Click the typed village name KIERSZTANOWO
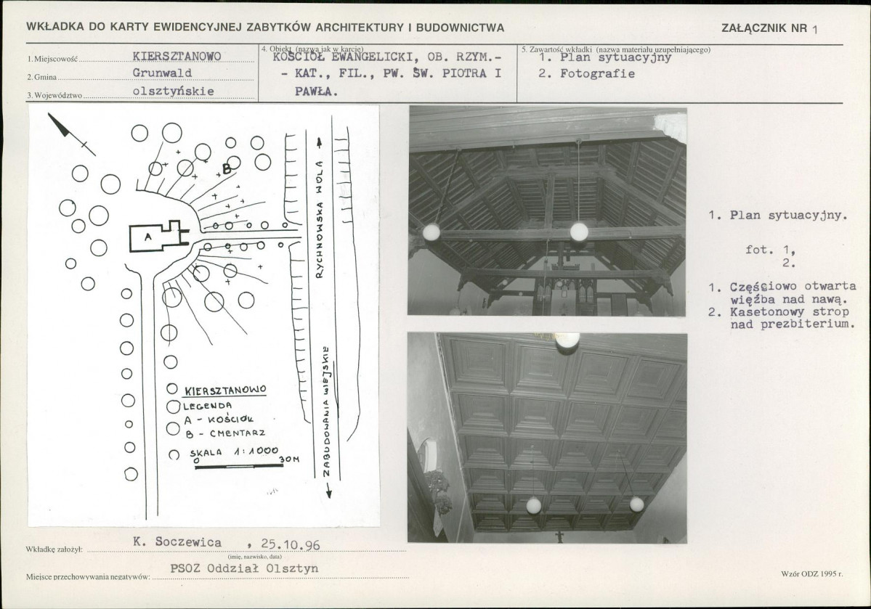tap(177, 57)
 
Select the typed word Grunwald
tap(162, 73)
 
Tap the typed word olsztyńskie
tap(174, 91)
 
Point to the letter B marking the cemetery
tap(227, 168)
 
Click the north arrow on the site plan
tap(71, 134)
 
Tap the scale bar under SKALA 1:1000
tap(239, 466)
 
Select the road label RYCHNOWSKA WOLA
tap(320, 220)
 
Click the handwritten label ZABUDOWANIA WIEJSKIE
tap(327, 411)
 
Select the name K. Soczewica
tap(177, 542)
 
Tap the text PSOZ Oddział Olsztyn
tap(244, 568)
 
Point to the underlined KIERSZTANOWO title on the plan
tap(225, 391)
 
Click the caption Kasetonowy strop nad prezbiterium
tap(782, 319)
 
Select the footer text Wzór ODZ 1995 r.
tap(811, 573)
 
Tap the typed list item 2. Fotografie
tap(586, 74)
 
